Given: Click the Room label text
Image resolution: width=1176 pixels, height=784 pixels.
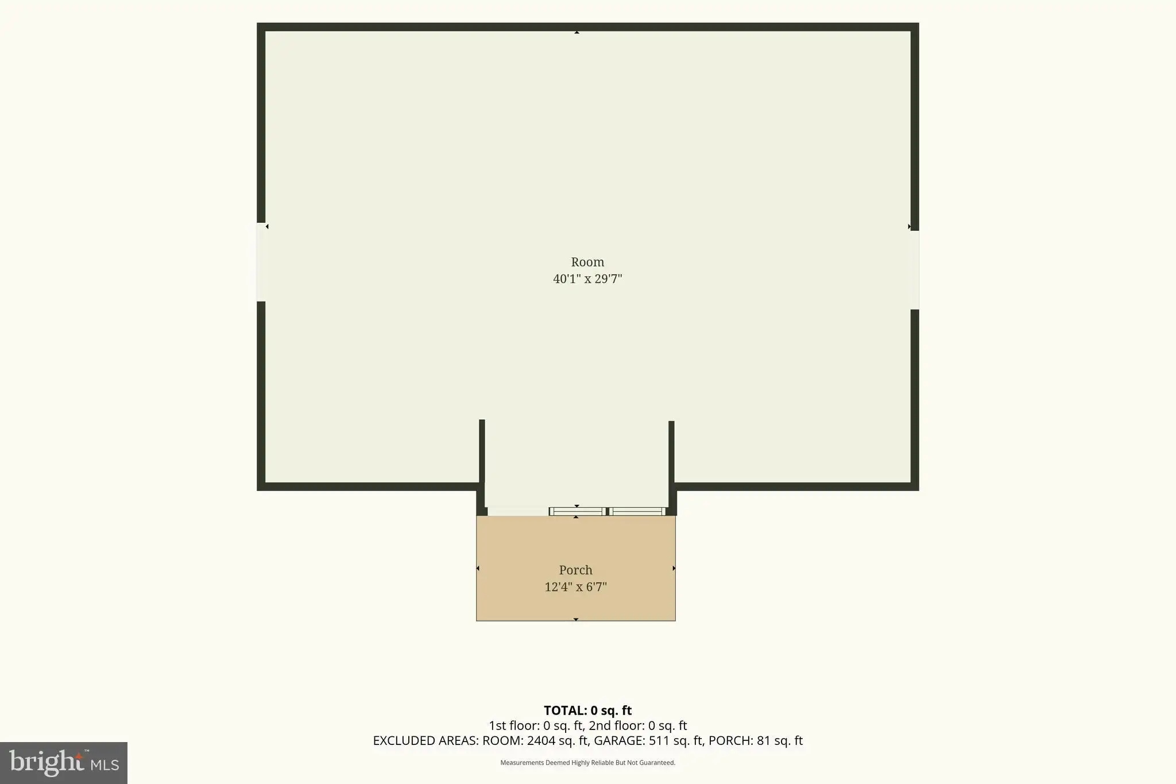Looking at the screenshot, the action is coord(587,262).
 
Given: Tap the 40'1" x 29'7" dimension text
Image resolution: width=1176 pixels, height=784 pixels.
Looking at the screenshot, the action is coord(587,279).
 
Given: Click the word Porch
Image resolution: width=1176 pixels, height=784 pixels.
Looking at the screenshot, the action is coord(575,570).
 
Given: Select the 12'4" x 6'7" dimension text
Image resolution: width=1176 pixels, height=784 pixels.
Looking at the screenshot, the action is coord(575,587).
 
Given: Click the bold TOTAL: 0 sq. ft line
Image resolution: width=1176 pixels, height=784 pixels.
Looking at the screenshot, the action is coord(587,710).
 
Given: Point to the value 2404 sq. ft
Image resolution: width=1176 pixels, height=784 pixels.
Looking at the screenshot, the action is coord(557,741).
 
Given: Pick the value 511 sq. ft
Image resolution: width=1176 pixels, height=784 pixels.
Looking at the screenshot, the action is coord(676,741).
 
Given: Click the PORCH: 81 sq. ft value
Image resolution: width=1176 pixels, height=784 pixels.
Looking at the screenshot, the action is coord(756,741).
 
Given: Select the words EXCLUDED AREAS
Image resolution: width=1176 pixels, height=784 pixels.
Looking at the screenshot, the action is coord(425,741).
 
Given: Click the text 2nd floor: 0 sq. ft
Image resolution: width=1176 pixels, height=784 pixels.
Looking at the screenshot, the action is coord(638,726).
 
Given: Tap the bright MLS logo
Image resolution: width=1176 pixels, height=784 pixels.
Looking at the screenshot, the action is coord(64,763).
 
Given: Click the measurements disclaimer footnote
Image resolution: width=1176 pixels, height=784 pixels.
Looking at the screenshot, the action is coord(587,763).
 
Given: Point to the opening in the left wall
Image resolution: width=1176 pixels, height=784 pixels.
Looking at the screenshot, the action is coord(261,262).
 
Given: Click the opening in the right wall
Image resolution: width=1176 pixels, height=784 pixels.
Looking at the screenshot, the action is coord(915,270).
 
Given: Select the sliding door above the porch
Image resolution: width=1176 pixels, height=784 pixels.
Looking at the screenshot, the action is coord(608,511).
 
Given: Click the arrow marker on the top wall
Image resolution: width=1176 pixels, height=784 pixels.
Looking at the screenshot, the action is coord(577,32).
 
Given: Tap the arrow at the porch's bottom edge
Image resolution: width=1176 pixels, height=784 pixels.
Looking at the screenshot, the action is coord(576,619).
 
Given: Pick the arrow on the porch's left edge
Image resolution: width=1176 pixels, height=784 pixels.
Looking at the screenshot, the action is coord(478,568).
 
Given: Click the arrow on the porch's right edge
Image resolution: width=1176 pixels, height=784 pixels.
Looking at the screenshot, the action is coord(674,568).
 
